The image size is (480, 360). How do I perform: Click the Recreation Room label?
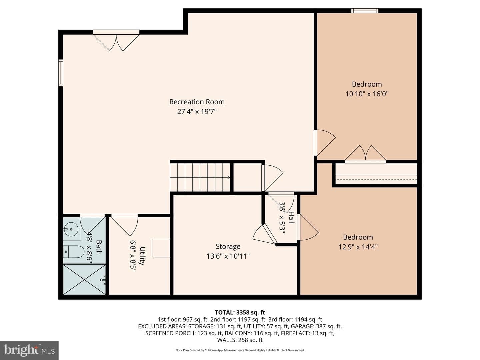coord(197,102)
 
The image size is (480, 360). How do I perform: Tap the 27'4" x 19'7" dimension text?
coord(197,112)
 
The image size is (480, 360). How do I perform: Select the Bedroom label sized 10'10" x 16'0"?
coord(367,84)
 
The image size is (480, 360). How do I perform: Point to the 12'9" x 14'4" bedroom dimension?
coord(358,247)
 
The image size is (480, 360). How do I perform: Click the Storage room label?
coord(228,246)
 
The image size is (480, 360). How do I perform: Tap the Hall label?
coord(292,217)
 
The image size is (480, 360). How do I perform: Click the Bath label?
coord(99,247)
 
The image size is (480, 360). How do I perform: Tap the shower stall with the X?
coord(84,279)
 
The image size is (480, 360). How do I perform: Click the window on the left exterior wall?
coord(61,73)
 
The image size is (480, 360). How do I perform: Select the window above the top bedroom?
coord(365,11)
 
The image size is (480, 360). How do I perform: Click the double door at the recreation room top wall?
coord(116,40)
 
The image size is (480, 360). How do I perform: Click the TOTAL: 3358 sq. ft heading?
coord(240,312)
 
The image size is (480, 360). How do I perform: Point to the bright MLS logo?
coord(29,350)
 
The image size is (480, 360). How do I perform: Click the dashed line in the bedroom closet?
coord(376,179)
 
